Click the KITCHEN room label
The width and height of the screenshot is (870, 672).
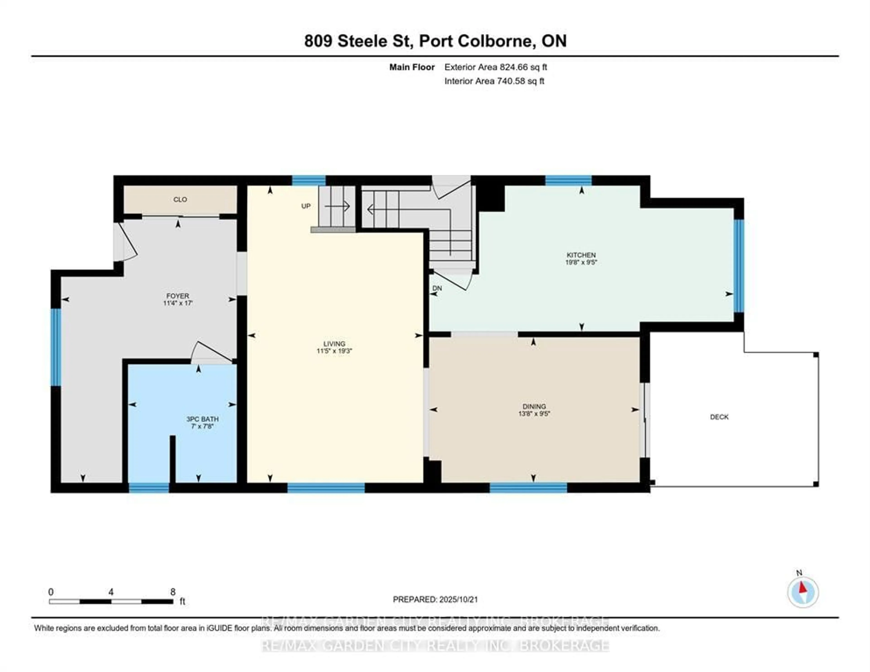[581, 255]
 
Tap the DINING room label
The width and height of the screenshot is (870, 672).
[534, 406]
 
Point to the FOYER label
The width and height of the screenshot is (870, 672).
[178, 296]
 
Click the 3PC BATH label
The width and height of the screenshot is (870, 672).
[202, 419]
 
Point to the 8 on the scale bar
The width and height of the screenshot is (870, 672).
[172, 592]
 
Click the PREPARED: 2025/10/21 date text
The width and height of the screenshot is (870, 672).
[435, 599]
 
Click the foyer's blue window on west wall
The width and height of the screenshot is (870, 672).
[56, 347]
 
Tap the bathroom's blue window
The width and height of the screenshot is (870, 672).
[149, 487]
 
